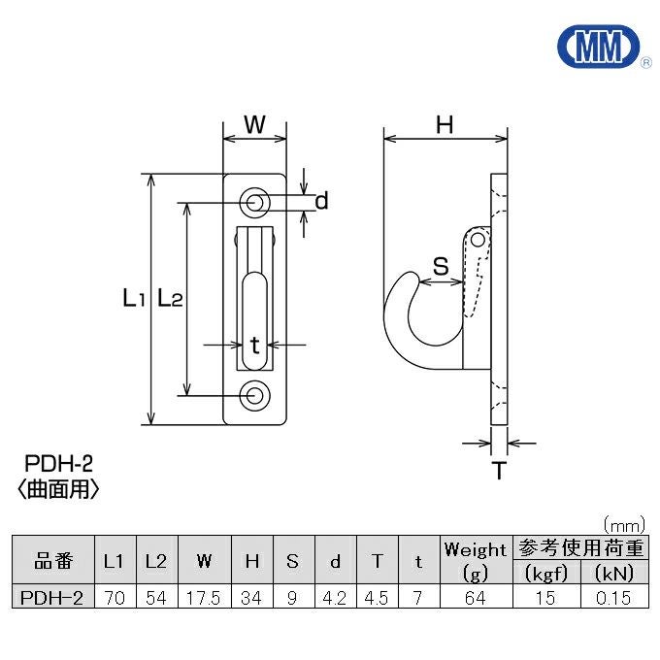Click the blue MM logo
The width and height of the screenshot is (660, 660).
point(599,47)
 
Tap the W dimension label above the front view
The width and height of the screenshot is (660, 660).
point(254,124)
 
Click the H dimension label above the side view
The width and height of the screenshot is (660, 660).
point(445,125)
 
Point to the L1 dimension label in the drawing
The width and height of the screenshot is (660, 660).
point(134,298)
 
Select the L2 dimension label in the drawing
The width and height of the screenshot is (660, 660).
point(170,298)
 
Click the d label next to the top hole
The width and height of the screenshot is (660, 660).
point(321,201)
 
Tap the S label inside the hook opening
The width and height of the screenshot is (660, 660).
point(441,266)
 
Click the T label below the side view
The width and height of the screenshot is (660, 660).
point(499,470)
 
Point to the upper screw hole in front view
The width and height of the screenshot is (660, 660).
point(254,203)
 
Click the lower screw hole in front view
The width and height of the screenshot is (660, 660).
point(254,396)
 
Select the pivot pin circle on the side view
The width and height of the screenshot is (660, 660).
point(478,241)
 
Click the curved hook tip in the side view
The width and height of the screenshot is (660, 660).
point(410,276)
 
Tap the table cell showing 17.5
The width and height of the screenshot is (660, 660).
point(204,598)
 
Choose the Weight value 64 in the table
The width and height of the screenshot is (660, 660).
point(476,598)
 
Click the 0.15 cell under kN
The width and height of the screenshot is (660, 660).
point(613,598)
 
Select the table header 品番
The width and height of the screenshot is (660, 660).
point(53,561)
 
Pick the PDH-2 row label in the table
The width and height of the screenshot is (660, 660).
point(51,598)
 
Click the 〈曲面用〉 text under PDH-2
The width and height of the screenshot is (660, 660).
point(58,489)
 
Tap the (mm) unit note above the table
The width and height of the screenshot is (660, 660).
point(624,525)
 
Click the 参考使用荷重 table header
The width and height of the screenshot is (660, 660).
point(580,548)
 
